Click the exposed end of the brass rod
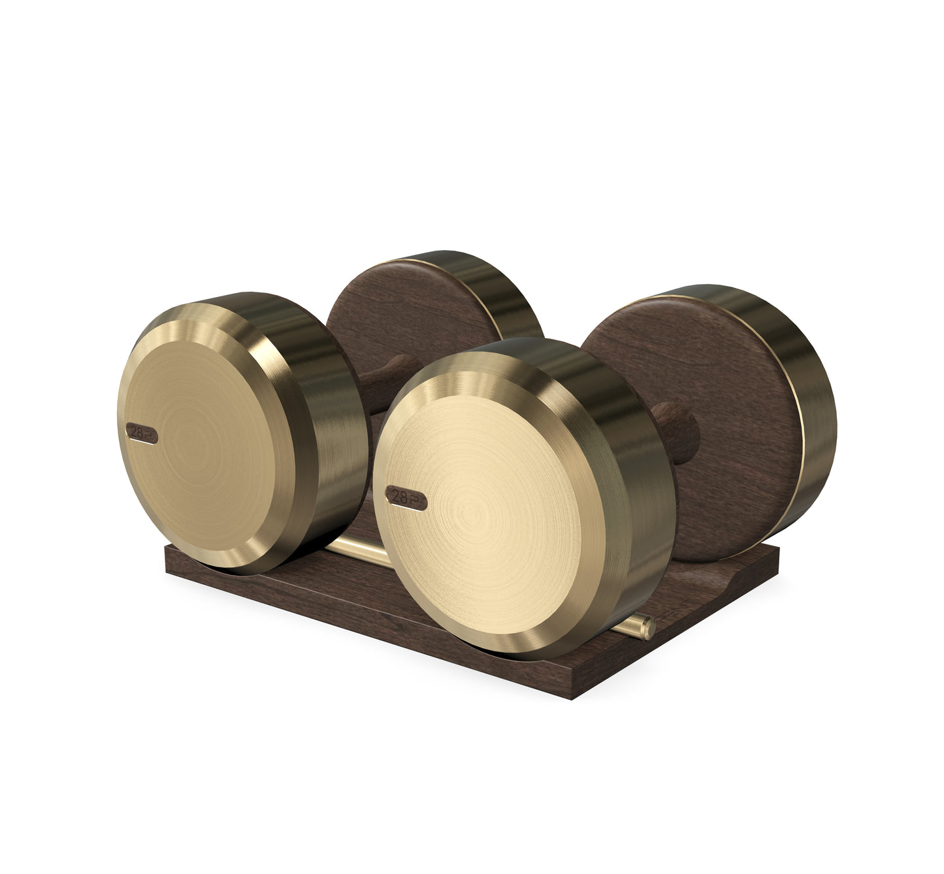(x=647, y=628)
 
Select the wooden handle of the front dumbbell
(x=676, y=431)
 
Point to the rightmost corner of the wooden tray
(x=779, y=548)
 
